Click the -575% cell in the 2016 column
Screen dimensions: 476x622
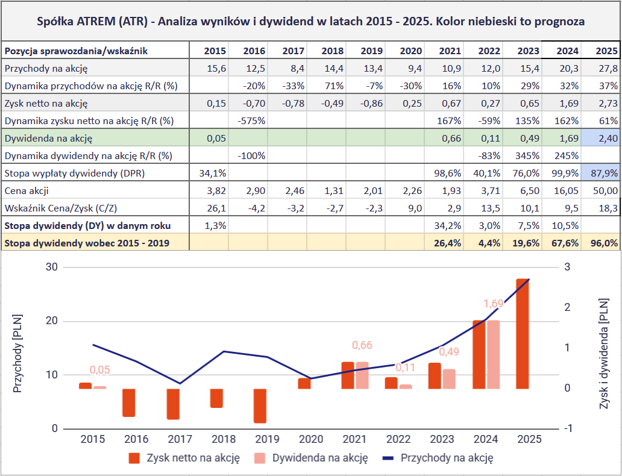click(253, 121)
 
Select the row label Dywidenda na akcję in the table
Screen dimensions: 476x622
click(48, 139)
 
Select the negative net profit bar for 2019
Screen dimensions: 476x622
click(260, 406)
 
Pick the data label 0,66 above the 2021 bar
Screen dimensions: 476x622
click(362, 345)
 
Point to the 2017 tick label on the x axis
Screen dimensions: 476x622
click(180, 440)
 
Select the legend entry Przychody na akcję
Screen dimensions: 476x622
click(447, 458)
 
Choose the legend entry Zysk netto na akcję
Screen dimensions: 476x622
click(193, 458)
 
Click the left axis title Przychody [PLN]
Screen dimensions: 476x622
click(17, 353)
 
